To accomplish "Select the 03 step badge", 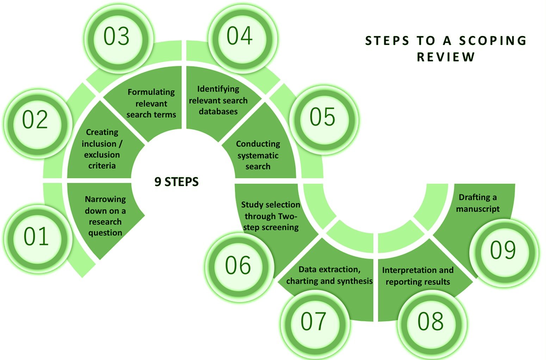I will tap(117, 37).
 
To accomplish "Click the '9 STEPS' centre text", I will tap(176, 182).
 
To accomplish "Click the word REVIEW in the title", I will tap(446, 57).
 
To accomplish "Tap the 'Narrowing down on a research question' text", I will tap(105, 216).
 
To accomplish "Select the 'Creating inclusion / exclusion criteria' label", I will tap(102, 149).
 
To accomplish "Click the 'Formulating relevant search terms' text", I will tap(151, 103).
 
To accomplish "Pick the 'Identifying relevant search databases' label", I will tap(218, 100).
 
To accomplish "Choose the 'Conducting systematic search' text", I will tap(258, 155).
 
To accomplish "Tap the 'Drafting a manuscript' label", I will tap(478, 203).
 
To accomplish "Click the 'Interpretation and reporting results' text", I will tap(418, 276).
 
